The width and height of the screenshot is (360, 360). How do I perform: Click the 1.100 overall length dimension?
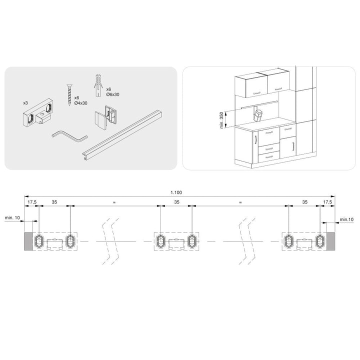tap(176, 192)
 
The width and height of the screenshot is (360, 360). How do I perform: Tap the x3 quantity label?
tap(25, 103)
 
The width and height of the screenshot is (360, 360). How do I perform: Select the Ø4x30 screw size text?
tap(81, 103)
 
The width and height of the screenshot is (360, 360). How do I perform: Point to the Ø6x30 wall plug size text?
tap(112, 94)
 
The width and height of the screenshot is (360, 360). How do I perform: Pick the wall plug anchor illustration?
tap(98, 85)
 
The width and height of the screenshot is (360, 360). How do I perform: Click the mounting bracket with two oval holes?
tap(38, 112)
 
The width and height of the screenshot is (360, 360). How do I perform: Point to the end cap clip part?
tap(106, 117)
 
